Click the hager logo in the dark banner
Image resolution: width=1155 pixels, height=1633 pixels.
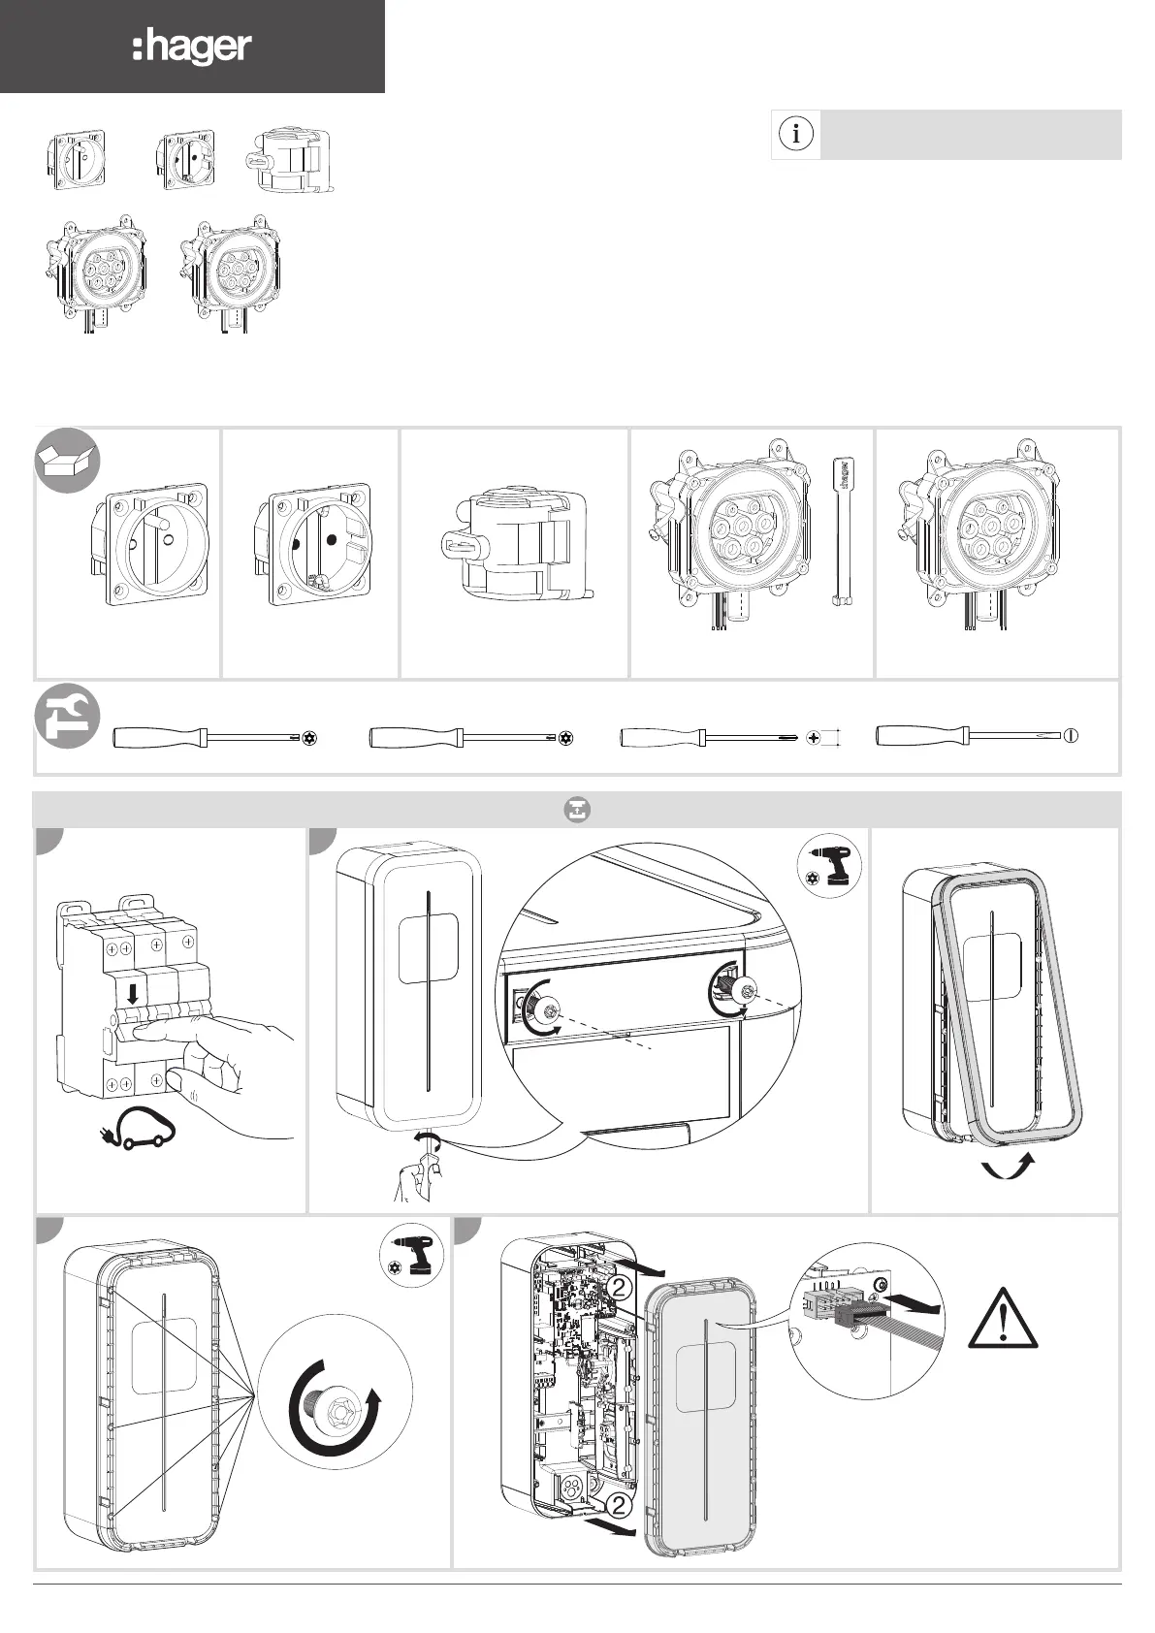tap(192, 48)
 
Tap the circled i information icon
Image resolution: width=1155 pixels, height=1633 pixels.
tap(796, 134)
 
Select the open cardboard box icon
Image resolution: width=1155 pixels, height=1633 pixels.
tap(68, 460)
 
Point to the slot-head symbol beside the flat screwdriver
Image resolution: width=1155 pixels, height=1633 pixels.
tap(1070, 735)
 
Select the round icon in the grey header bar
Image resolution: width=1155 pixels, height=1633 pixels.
tap(577, 810)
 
